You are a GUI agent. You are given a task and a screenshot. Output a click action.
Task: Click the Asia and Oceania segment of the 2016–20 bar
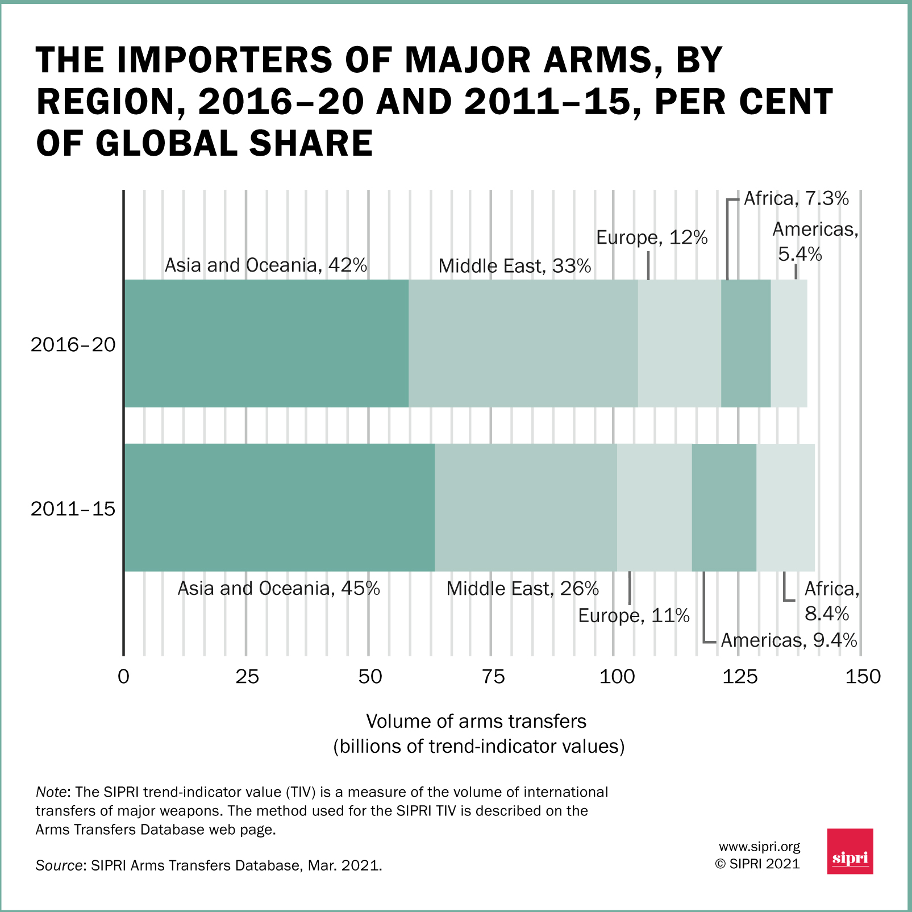(x=266, y=343)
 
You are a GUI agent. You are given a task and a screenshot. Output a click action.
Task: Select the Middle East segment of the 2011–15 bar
(x=526, y=507)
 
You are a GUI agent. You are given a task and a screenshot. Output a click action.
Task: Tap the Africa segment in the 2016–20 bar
(x=746, y=343)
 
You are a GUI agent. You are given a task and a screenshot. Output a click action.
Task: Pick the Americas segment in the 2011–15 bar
(x=724, y=507)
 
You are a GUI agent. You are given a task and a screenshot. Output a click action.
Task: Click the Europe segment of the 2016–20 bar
(x=679, y=343)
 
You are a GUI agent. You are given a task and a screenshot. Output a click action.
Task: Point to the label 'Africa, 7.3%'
(x=796, y=199)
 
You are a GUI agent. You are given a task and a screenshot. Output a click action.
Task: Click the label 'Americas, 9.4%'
(x=789, y=640)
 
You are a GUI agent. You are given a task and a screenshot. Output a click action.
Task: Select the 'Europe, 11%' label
(x=634, y=615)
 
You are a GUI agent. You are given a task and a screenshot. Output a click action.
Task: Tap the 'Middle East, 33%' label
(x=514, y=266)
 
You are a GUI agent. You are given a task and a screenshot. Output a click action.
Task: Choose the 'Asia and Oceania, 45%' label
(x=278, y=588)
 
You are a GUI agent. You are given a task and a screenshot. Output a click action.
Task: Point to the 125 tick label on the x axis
(x=740, y=677)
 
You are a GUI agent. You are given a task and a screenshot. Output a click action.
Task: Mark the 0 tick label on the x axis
(x=123, y=677)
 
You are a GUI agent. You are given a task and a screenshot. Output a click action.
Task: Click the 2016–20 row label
(x=73, y=344)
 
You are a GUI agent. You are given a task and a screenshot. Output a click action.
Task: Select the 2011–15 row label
(x=73, y=509)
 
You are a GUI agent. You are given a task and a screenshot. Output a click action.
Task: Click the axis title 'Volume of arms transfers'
(x=476, y=721)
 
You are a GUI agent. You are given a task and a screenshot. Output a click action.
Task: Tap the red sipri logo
(x=850, y=851)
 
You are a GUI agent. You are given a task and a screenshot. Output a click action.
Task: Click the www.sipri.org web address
(x=759, y=847)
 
